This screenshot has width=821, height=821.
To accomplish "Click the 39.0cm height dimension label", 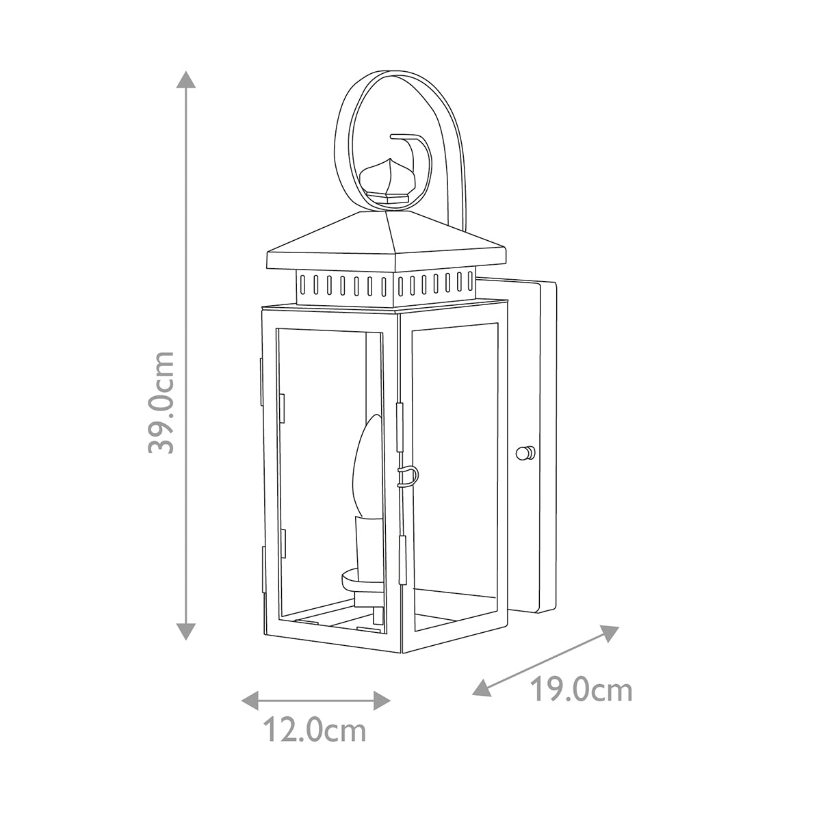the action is click(x=161, y=402).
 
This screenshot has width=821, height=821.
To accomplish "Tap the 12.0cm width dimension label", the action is click(x=315, y=730).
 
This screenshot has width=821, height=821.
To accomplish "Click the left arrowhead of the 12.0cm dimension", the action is click(x=250, y=701).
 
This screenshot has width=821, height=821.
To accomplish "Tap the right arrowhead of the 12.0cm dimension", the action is click(x=382, y=701).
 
